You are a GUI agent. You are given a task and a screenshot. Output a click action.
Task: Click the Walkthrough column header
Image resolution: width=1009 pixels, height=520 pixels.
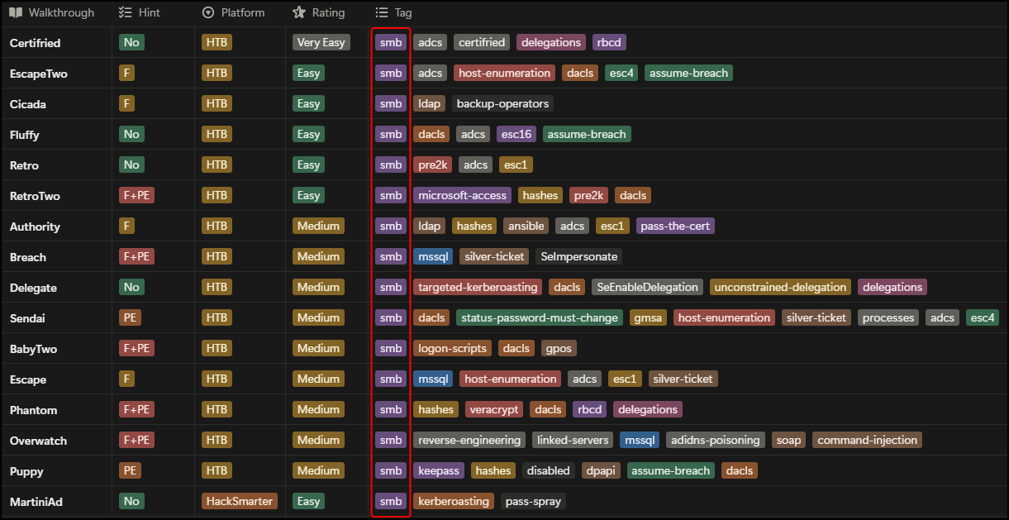pos(52,12)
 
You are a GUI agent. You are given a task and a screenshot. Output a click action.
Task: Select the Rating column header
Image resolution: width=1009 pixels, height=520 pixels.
pos(319,12)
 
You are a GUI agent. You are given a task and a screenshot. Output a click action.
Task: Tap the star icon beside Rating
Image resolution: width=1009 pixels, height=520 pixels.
pos(299,12)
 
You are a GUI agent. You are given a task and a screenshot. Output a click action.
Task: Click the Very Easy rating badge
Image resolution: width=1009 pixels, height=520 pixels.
pos(321,42)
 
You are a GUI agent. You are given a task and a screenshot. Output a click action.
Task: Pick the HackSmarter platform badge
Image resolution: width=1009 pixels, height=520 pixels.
pos(240,501)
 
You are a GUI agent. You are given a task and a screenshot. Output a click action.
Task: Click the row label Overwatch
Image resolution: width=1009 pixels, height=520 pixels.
pos(38,441)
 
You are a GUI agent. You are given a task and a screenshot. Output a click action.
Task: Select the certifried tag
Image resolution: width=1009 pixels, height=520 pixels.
pos(482,42)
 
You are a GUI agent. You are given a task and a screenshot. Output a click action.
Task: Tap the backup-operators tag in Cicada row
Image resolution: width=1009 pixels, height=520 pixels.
pos(502,103)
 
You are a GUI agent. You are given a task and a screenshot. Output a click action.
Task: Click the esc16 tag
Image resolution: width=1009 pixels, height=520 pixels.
pos(516,134)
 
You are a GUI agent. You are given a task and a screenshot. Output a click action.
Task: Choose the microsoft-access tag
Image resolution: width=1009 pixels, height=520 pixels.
pos(462,196)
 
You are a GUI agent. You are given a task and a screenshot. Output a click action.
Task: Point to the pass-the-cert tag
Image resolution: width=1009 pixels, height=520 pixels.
pos(675,227)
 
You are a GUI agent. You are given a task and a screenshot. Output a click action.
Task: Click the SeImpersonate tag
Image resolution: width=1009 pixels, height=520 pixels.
pos(578,257)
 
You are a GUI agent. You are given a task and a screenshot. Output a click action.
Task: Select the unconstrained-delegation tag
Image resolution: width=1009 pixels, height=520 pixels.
pos(780,288)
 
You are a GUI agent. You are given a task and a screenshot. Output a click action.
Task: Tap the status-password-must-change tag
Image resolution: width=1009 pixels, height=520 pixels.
pos(539,318)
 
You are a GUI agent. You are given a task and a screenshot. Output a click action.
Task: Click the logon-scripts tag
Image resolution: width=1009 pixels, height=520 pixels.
pos(452,349)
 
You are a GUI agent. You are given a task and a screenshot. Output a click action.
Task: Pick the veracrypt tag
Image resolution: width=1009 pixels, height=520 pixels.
pos(494,410)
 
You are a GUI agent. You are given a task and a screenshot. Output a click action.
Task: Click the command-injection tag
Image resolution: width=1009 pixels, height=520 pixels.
pos(867,441)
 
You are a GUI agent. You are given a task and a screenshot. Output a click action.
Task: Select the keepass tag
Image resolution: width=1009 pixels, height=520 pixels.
pos(438,471)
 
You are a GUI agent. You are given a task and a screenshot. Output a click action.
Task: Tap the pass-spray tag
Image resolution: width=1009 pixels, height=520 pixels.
pos(533,502)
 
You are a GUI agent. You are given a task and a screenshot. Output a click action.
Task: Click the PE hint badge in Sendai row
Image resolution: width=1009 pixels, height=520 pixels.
pos(130,318)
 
